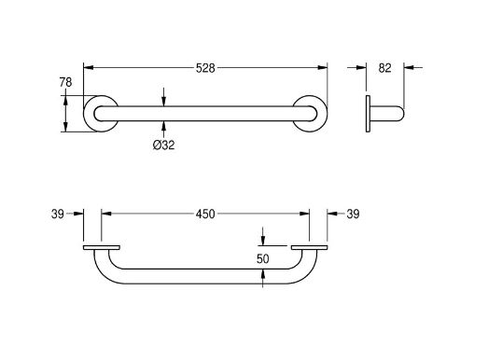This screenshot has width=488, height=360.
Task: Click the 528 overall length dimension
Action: pos(205,68)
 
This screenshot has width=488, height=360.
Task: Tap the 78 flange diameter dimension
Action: pos(65,82)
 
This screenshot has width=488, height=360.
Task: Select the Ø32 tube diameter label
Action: pos(163,145)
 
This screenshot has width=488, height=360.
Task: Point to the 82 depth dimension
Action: pos(384,68)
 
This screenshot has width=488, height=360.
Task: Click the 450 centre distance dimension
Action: pos(205,215)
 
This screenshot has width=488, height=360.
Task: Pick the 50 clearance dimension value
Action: pos(263,258)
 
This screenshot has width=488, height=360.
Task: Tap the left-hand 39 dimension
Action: pos(58,215)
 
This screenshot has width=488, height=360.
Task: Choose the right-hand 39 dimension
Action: pos(353,215)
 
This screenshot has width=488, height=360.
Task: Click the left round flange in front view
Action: pos(86,114)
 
